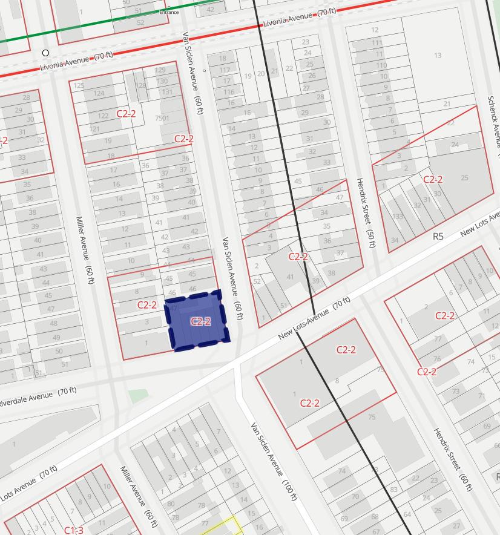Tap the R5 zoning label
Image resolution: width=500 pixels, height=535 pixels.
pyautogui.click(x=438, y=236)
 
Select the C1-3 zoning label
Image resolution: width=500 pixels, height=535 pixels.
pyautogui.click(x=73, y=530)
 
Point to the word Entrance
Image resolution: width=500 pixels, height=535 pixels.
pyautogui.click(x=169, y=12)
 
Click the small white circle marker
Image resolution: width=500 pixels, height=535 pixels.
pyautogui.click(x=45, y=53)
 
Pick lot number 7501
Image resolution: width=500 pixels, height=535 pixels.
pyautogui.click(x=162, y=118)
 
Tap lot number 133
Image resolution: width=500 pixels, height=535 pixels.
pyautogui.click(x=397, y=216)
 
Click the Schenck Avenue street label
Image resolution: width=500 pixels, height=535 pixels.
pyautogui.click(x=493, y=121)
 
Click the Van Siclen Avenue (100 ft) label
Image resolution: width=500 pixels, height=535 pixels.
pyautogui.click(x=274, y=461)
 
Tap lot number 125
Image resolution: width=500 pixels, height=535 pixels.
pyautogui.click(x=78, y=85)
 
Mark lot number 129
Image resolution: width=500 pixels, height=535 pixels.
pyautogui.click(x=160, y=70)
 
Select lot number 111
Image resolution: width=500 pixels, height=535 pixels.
pyautogui.click(x=377, y=42)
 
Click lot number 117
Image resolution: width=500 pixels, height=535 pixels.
pyautogui.click(x=225, y=70)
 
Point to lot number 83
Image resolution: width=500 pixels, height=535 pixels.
pyautogui.click(x=394, y=489)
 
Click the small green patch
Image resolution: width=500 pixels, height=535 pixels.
pyautogui.click(x=138, y=396)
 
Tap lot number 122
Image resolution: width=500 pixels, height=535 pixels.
pyautogui.click(x=104, y=116)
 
